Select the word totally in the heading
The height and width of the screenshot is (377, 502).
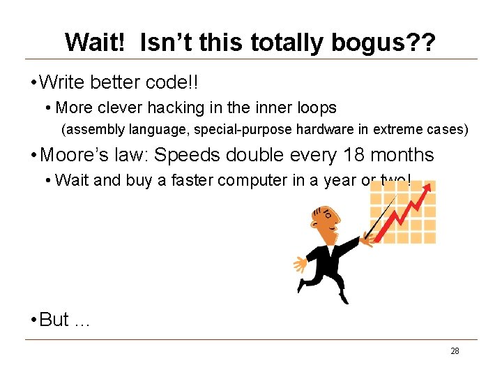click(x=291, y=43)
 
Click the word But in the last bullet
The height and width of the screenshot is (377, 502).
click(x=54, y=320)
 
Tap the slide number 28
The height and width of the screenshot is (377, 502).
click(x=455, y=351)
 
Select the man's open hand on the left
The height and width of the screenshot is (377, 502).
click(x=301, y=264)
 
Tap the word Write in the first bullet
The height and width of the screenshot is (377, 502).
click(x=61, y=82)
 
